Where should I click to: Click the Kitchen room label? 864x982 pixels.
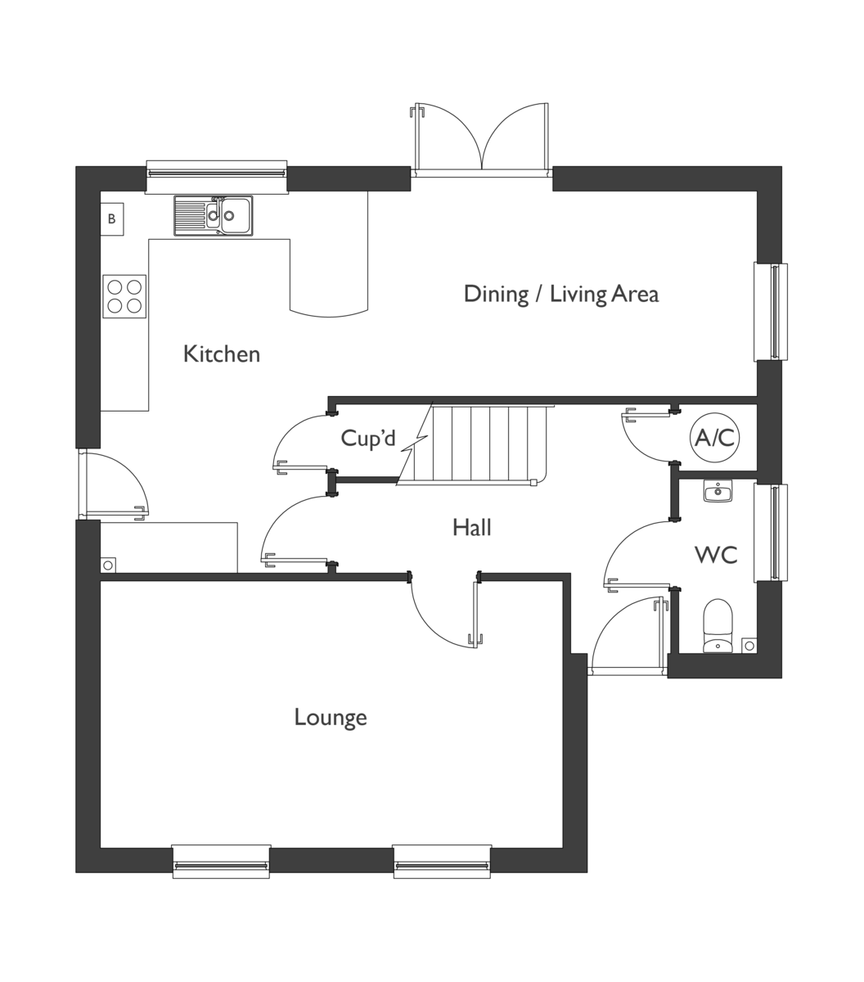pos(222,354)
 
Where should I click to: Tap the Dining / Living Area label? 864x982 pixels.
pos(560,294)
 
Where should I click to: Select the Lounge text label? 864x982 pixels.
pos(331,718)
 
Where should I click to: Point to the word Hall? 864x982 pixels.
pos(472,528)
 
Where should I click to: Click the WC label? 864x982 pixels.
pos(716,555)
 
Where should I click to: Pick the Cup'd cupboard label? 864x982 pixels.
pos(368,439)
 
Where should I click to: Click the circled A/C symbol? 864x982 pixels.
pos(715,439)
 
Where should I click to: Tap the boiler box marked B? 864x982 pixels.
pos(112,219)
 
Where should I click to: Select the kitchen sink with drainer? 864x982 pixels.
pos(213,215)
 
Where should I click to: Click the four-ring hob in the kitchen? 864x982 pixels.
pos(124,296)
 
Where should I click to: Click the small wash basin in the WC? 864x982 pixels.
pos(718,491)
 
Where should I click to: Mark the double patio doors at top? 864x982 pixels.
pos(481,141)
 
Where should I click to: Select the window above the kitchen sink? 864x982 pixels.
pos(217,175)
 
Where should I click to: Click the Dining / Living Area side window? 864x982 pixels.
pos(771,312)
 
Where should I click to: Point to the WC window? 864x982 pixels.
pos(771,533)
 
